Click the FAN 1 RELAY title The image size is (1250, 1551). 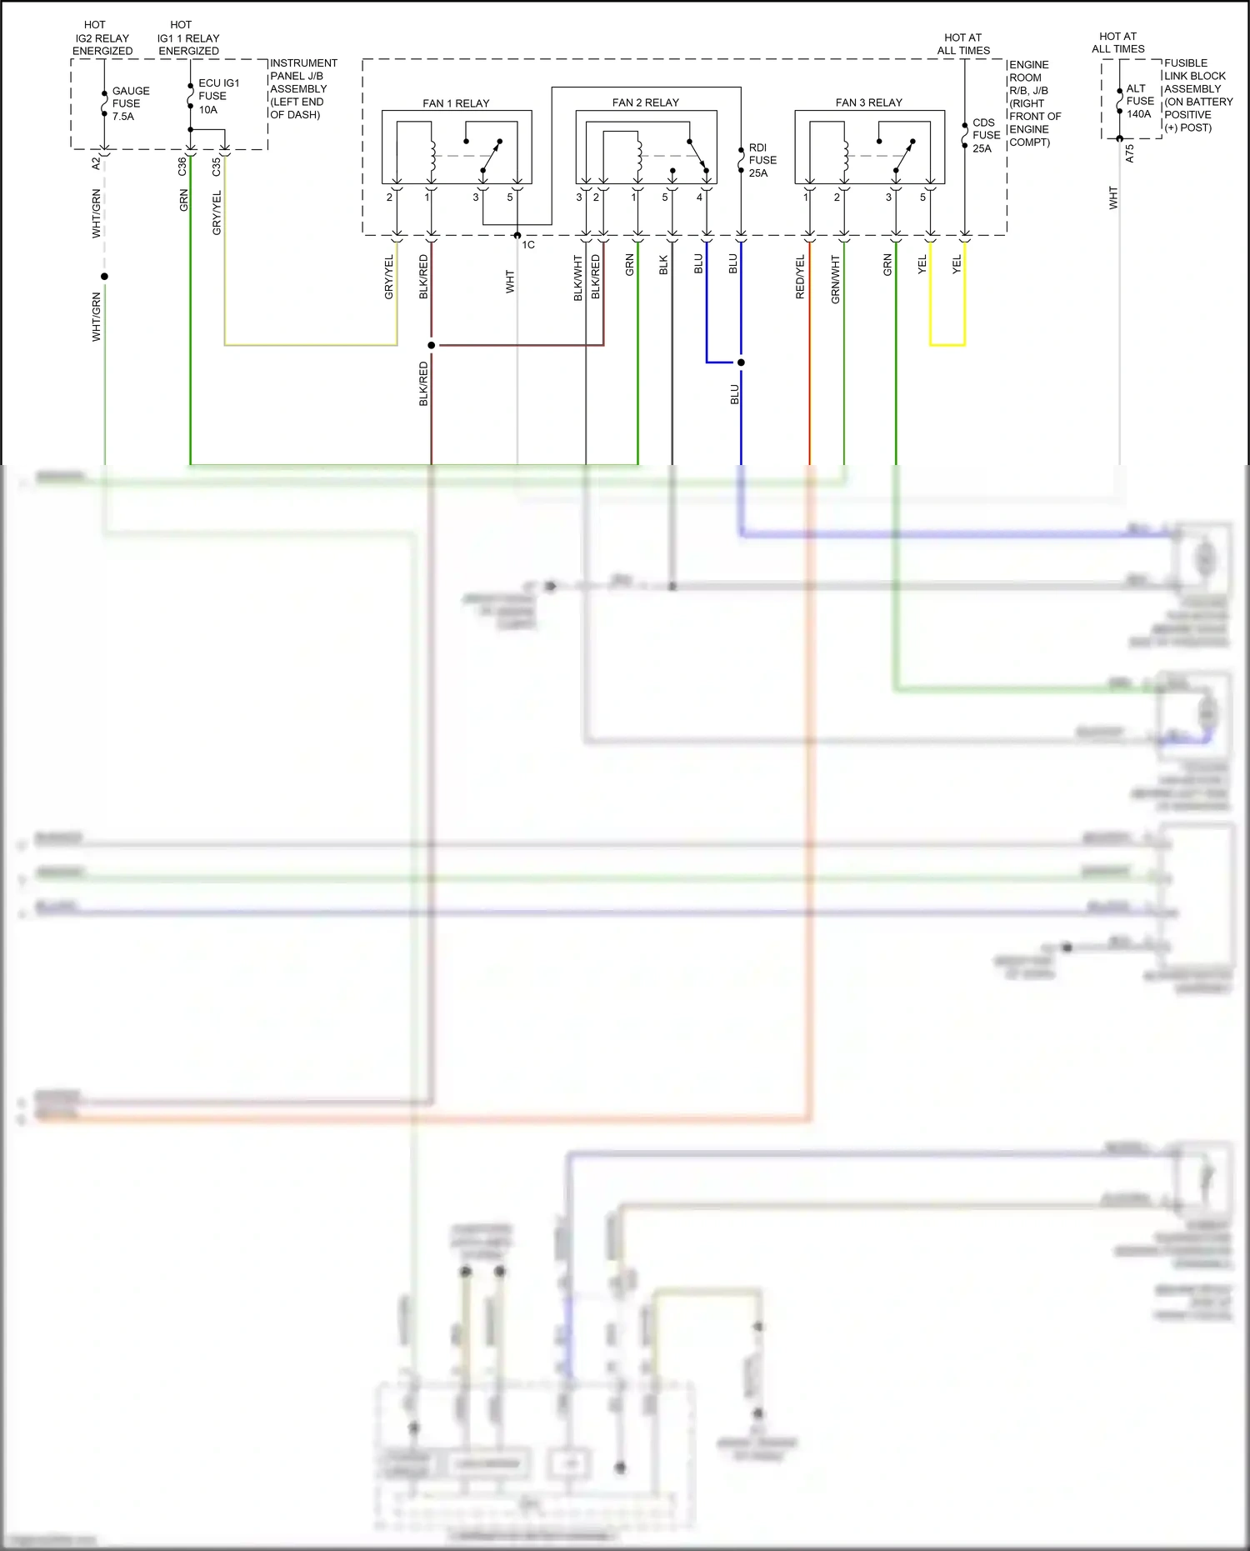456,103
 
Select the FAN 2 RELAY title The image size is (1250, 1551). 645,103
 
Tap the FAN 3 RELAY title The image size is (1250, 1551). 868,103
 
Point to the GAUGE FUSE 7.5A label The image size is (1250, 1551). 130,103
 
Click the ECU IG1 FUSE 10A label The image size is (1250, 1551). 217,96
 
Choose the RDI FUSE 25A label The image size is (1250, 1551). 762,160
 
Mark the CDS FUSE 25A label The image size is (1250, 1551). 985,135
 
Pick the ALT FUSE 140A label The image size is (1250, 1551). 1139,101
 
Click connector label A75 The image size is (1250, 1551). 1130,153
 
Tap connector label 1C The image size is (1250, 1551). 528,245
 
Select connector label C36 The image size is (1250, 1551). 182,167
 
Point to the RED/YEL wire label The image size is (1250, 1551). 800,278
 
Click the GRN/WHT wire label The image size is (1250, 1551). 835,279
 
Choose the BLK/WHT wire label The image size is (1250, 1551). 577,278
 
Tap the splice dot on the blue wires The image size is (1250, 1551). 741,363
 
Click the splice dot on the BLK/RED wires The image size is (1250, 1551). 431,345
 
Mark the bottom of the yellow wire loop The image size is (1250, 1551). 947,344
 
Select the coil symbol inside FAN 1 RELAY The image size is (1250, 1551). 432,152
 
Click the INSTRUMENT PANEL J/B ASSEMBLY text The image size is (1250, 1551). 302,88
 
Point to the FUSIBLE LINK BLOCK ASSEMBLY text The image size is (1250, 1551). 1197,95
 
